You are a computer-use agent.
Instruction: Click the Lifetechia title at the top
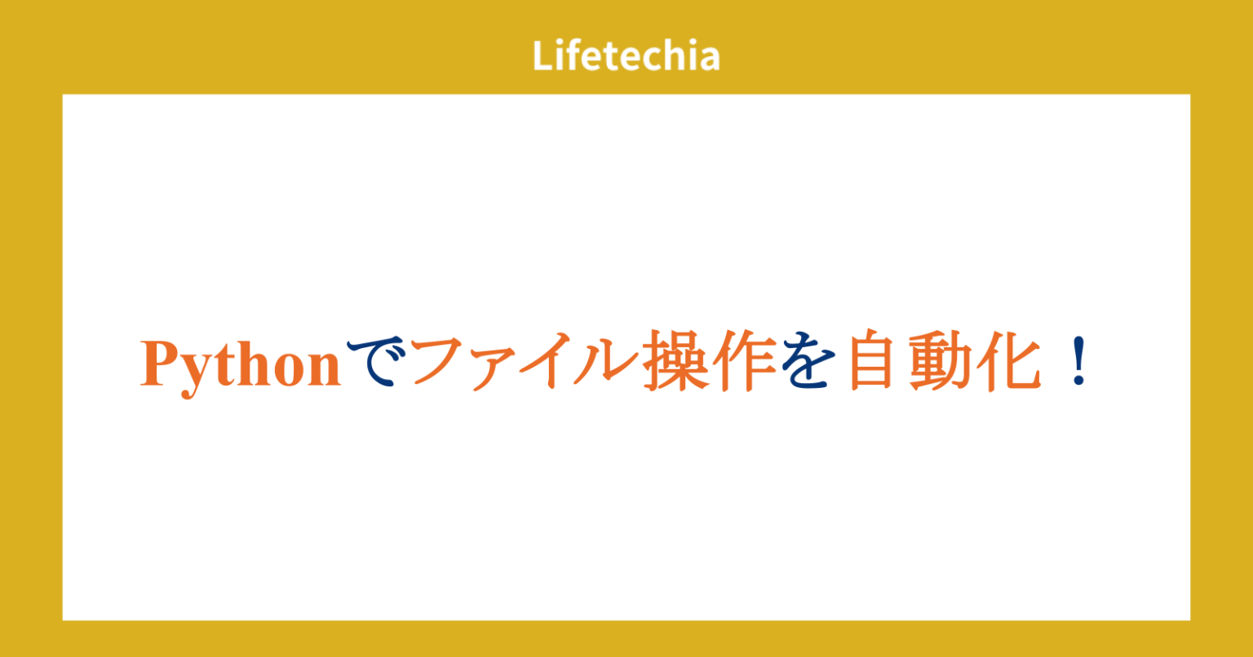[626, 56]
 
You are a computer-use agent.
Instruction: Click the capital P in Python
[159, 365]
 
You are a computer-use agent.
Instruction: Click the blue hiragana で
[376, 364]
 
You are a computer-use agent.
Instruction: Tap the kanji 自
[874, 364]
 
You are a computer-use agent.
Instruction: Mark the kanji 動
[940, 364]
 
